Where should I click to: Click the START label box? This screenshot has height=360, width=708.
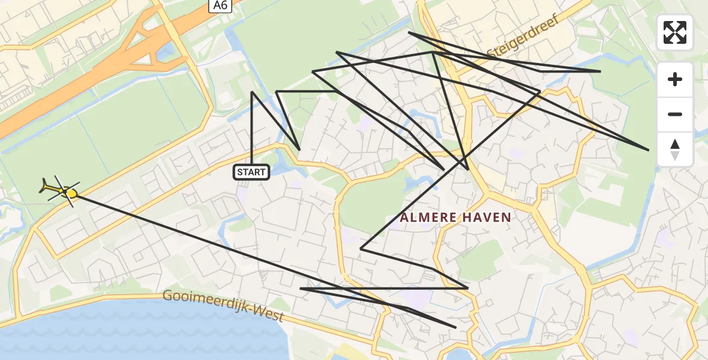click(251, 172)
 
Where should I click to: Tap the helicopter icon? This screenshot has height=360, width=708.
click(57, 189)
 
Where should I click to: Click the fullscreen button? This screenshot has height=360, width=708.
click(675, 32)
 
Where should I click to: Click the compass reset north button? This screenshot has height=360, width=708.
click(675, 149)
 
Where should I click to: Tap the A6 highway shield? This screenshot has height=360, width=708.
click(220, 5)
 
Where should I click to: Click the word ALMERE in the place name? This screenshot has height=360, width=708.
click(427, 217)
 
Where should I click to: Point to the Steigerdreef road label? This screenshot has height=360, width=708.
click(524, 37)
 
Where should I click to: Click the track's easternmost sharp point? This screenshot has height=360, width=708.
click(649, 149)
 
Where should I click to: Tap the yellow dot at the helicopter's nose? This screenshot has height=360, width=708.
click(71, 193)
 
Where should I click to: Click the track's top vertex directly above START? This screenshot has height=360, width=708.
click(252, 92)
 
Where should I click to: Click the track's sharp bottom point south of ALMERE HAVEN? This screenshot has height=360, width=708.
click(456, 328)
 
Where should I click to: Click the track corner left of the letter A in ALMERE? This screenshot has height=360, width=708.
click(361, 248)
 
